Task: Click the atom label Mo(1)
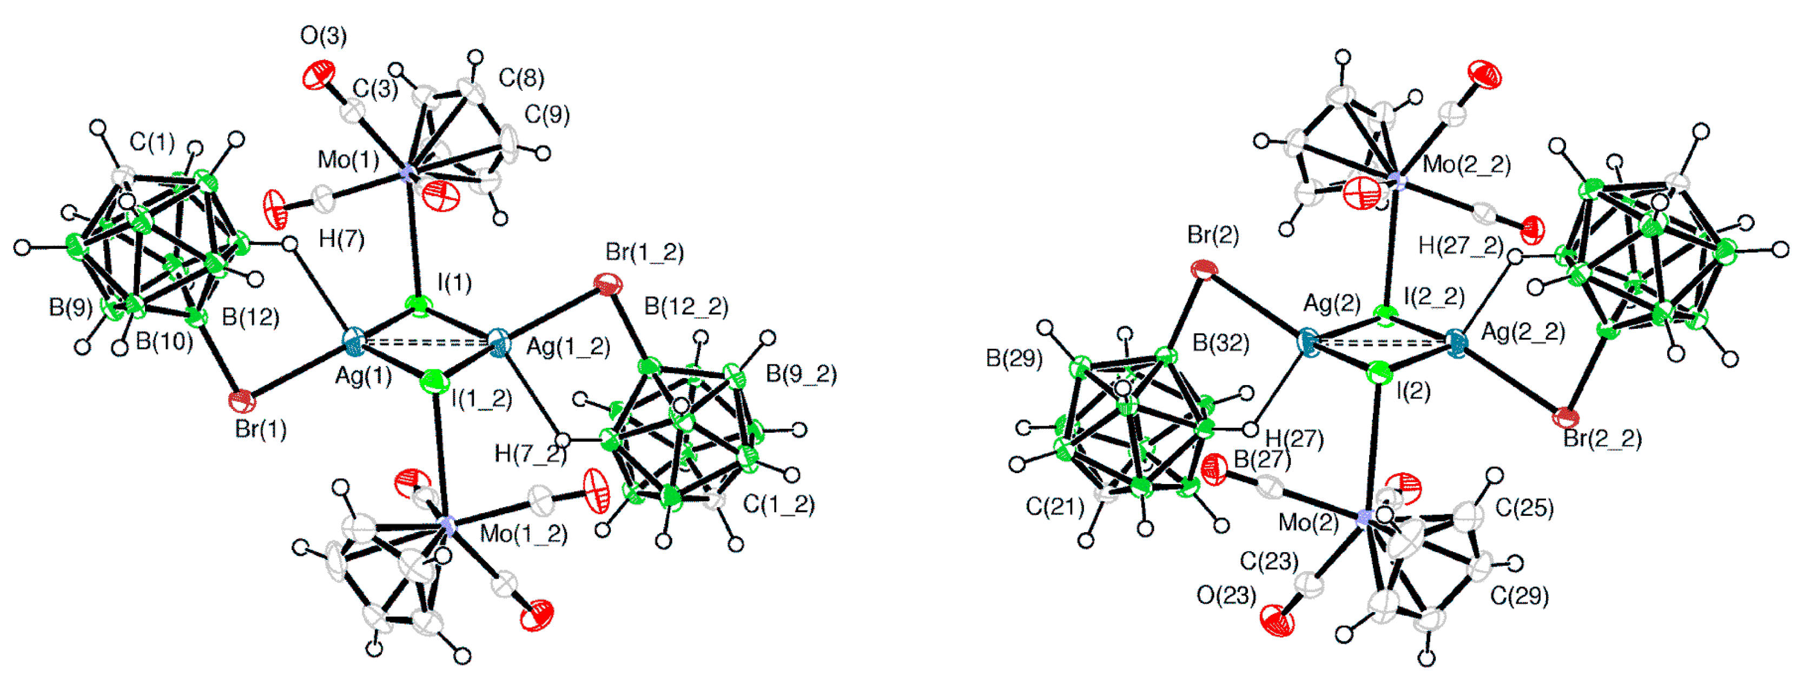point(348,160)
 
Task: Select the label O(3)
point(323,36)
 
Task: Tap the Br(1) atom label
point(261,429)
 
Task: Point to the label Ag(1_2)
point(569,347)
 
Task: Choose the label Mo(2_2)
point(1467,165)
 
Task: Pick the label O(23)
point(1226,595)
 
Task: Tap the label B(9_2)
point(801,374)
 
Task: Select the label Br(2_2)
point(1602,439)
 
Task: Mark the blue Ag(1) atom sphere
point(352,343)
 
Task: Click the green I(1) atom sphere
point(419,304)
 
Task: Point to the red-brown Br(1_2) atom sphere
point(607,284)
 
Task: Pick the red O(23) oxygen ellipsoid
point(1277,621)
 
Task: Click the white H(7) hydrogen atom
point(289,244)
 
